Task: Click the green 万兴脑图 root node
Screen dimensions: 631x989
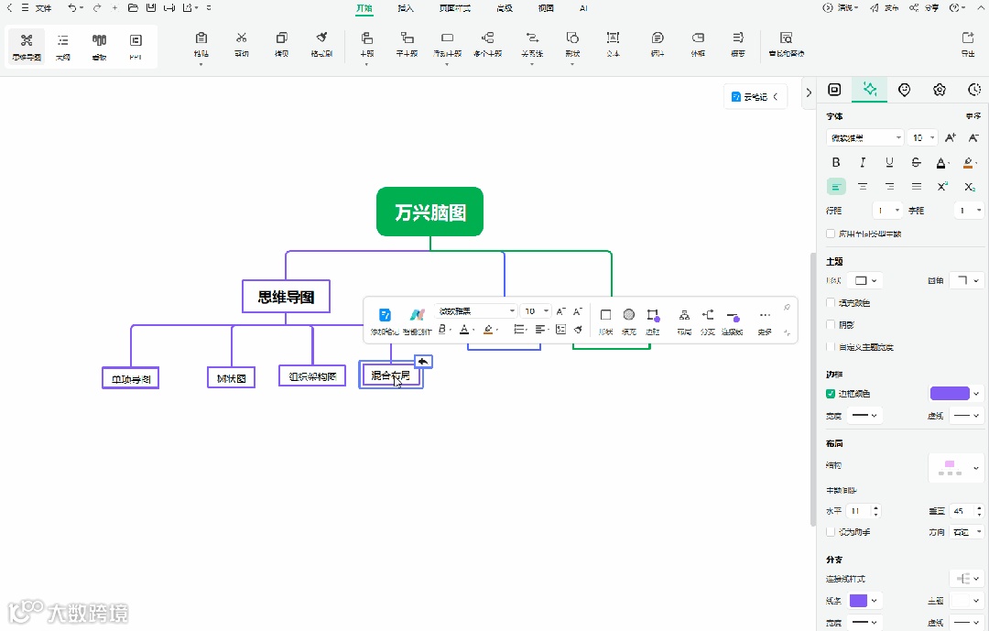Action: pyautogui.click(x=429, y=212)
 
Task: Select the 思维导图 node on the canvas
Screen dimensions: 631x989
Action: pyautogui.click(x=286, y=296)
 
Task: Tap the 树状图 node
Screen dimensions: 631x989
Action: pyautogui.click(x=231, y=377)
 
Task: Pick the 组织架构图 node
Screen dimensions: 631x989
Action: pyautogui.click(x=312, y=375)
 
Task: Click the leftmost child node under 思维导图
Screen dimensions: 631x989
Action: pyautogui.click(x=130, y=378)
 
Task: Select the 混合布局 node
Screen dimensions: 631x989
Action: pyautogui.click(x=390, y=375)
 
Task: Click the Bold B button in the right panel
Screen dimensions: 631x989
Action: pyautogui.click(x=836, y=162)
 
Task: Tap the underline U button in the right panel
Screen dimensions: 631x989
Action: pyautogui.click(x=889, y=162)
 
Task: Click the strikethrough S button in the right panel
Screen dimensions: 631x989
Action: pyautogui.click(x=916, y=162)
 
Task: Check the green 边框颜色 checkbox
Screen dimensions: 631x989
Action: pyautogui.click(x=831, y=394)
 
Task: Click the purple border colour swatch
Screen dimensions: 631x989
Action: pyautogui.click(x=949, y=394)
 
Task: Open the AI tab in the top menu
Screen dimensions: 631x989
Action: pyautogui.click(x=583, y=8)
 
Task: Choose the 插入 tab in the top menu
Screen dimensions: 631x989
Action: pyautogui.click(x=406, y=8)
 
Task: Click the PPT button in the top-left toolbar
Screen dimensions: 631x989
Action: pyautogui.click(x=136, y=46)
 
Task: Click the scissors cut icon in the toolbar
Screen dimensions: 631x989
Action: pyautogui.click(x=242, y=44)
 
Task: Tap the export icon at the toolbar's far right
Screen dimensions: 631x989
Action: pyautogui.click(x=968, y=44)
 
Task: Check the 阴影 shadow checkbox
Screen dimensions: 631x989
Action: pyautogui.click(x=831, y=325)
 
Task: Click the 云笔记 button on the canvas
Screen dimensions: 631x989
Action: pyautogui.click(x=755, y=97)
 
